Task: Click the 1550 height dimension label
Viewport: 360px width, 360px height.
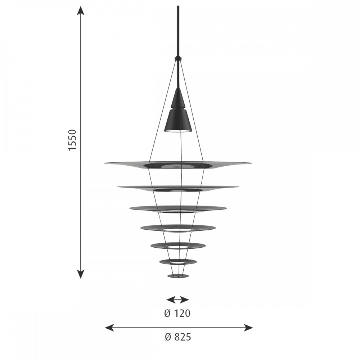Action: tap(72, 140)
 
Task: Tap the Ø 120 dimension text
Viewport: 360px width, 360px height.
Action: tap(177, 314)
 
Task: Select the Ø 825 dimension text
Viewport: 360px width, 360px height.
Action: tap(178, 337)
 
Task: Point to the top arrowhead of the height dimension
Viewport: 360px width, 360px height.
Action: tap(80, 10)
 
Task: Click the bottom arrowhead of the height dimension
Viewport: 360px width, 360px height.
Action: tap(80, 274)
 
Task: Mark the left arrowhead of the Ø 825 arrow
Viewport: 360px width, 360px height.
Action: tap(109, 328)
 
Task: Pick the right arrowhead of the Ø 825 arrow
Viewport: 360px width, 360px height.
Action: tap(248, 328)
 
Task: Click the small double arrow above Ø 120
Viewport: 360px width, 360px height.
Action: tap(177, 300)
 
